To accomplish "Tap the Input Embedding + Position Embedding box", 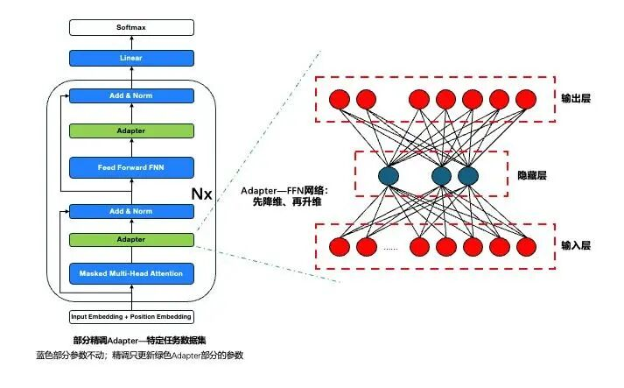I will click(x=130, y=316).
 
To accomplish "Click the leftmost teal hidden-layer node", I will click(x=389, y=176).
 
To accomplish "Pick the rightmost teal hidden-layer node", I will click(x=468, y=176).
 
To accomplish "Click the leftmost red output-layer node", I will click(x=339, y=98).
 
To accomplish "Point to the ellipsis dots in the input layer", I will click(x=390, y=249).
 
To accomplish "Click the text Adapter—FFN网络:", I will click(x=284, y=191).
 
